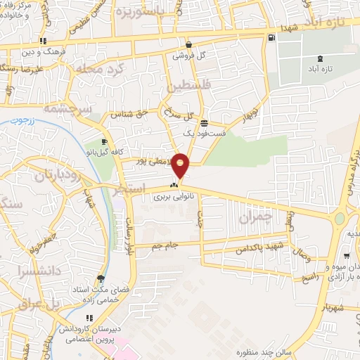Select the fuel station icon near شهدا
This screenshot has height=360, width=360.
[x=271, y=38]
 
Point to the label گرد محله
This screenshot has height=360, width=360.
[x=117, y=70]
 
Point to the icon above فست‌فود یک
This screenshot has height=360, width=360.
[x=203, y=122]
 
